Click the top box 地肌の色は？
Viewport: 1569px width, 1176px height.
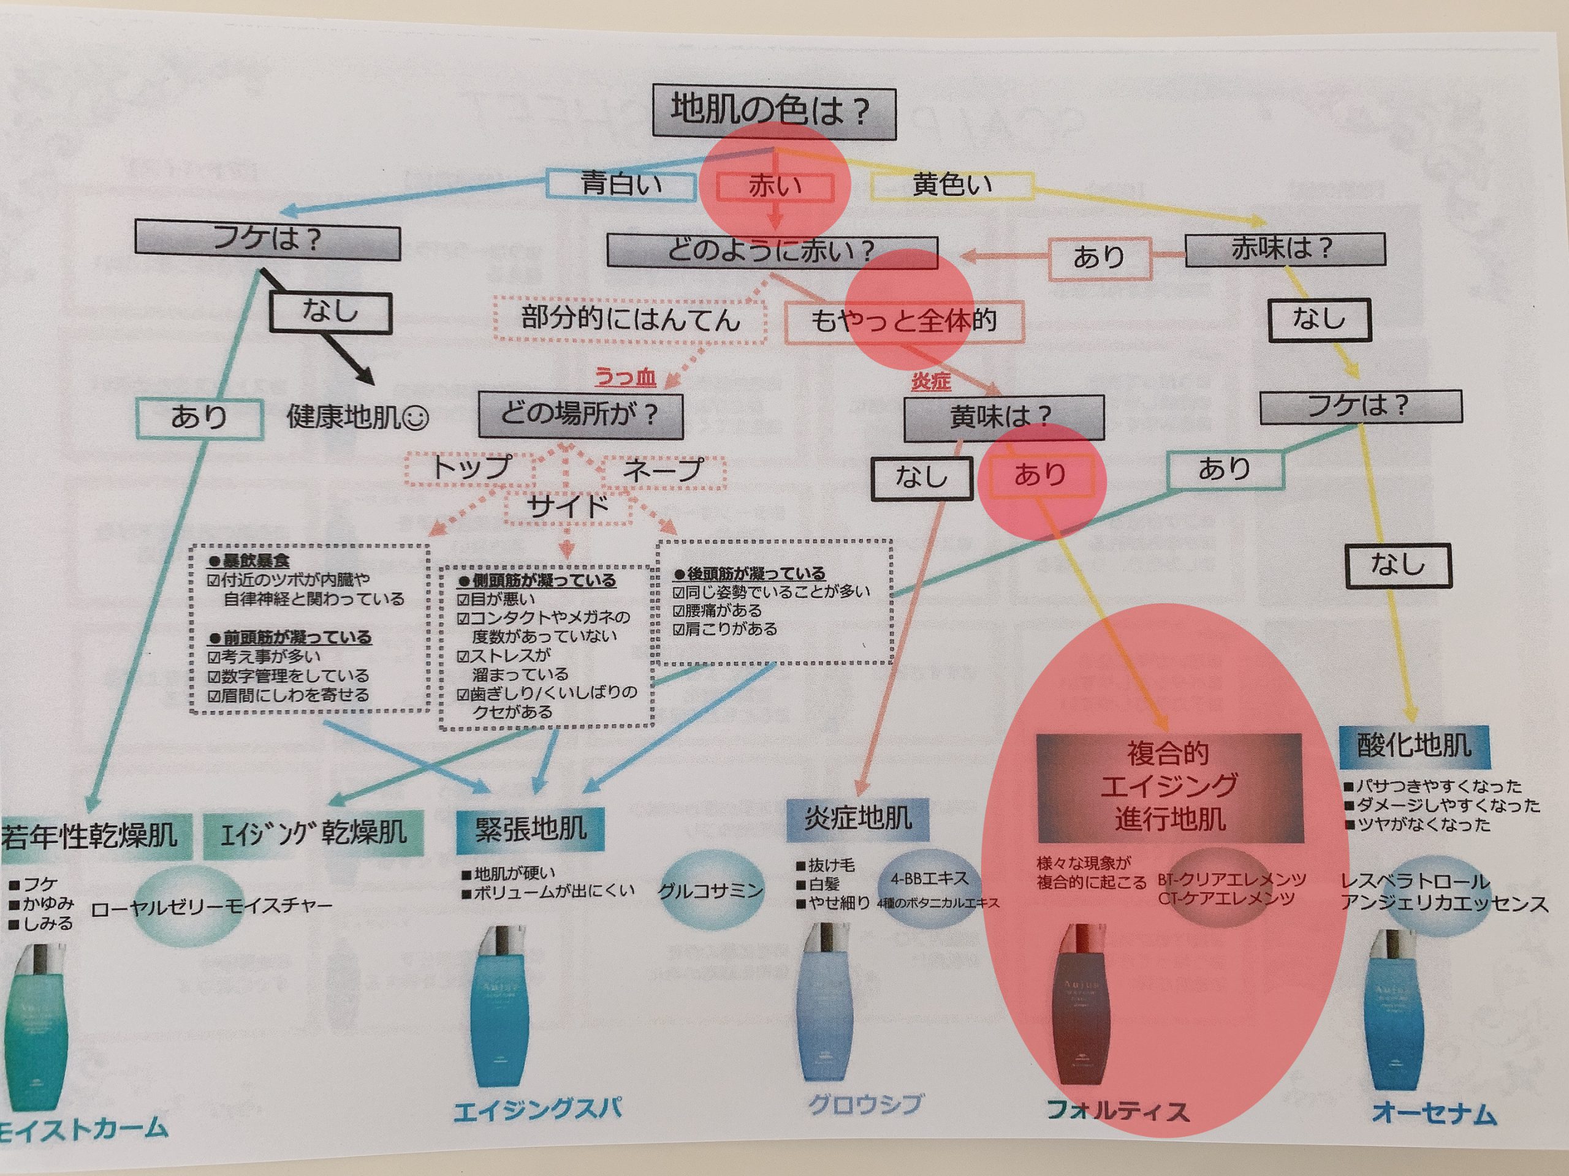[773, 112]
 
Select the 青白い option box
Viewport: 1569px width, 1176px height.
[621, 184]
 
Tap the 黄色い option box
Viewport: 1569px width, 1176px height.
[952, 185]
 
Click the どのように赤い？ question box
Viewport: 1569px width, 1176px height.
[772, 251]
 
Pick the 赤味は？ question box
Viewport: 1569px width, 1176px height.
[1285, 249]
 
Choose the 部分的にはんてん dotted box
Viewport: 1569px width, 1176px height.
[630, 319]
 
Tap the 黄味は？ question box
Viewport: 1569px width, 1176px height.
[1003, 417]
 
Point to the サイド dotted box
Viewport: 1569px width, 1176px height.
[568, 506]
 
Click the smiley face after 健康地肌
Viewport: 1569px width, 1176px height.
[416, 418]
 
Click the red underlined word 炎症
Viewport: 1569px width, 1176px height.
[930, 382]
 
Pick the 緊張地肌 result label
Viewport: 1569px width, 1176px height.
[531, 828]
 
